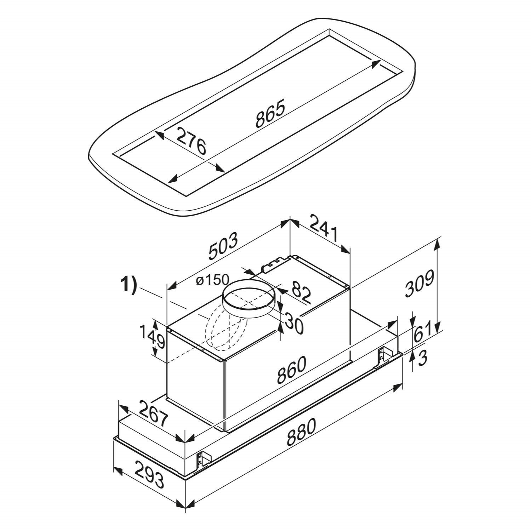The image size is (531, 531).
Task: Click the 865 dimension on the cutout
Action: [x=270, y=114]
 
